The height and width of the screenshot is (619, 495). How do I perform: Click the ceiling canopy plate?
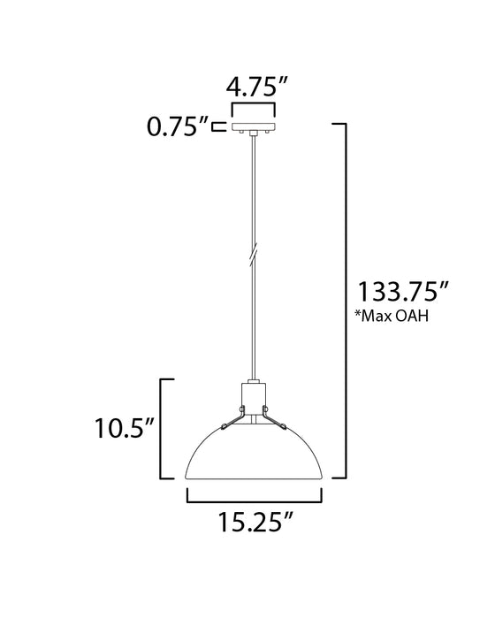254,127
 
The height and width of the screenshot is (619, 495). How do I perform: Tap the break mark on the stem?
254,253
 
